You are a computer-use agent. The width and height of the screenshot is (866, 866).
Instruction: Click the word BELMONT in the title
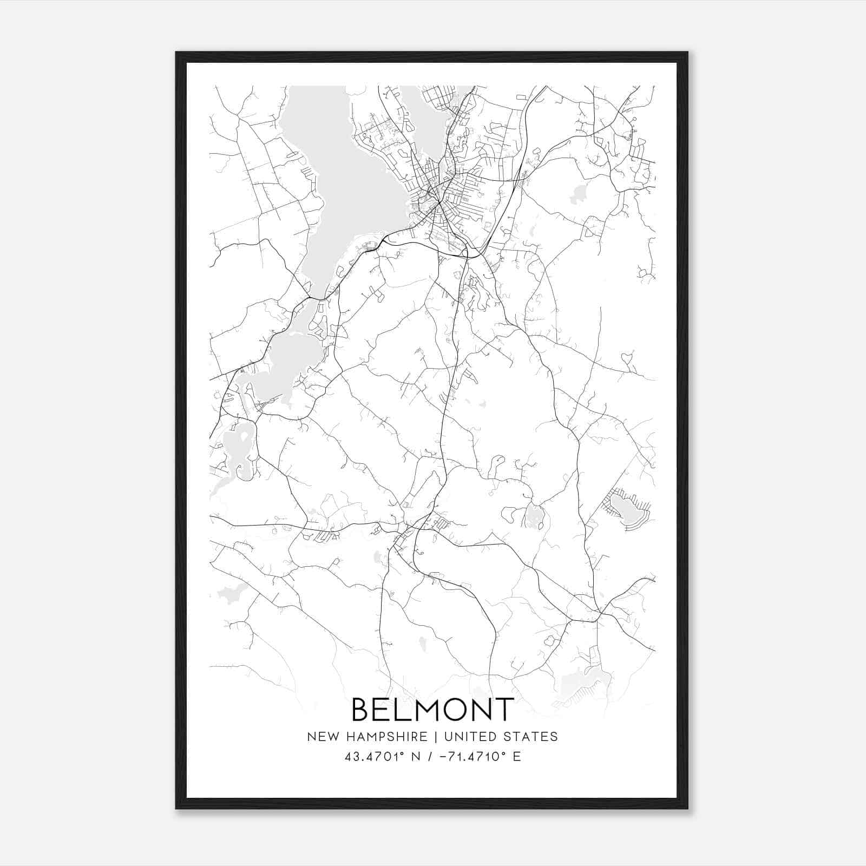[432, 710]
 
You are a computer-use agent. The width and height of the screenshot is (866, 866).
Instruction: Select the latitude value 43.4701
[368, 757]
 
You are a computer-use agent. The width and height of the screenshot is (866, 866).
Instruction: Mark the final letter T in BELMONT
[504, 710]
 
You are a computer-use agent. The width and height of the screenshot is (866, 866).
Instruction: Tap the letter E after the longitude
[517, 757]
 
